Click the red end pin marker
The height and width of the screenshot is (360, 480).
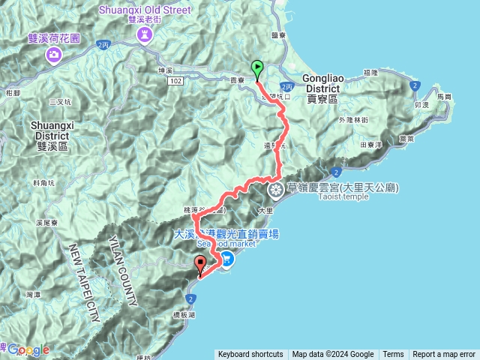[x=200, y=265]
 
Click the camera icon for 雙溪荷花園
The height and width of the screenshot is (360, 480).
[x=55, y=55]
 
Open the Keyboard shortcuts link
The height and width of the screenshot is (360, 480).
[x=250, y=355]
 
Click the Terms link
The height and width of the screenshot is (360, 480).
[x=393, y=355]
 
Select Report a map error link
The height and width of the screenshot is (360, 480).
[x=444, y=355]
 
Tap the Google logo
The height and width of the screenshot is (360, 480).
[x=28, y=349]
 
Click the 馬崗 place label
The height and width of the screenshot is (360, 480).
[x=445, y=97]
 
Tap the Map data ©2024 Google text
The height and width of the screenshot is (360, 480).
[x=333, y=355]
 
